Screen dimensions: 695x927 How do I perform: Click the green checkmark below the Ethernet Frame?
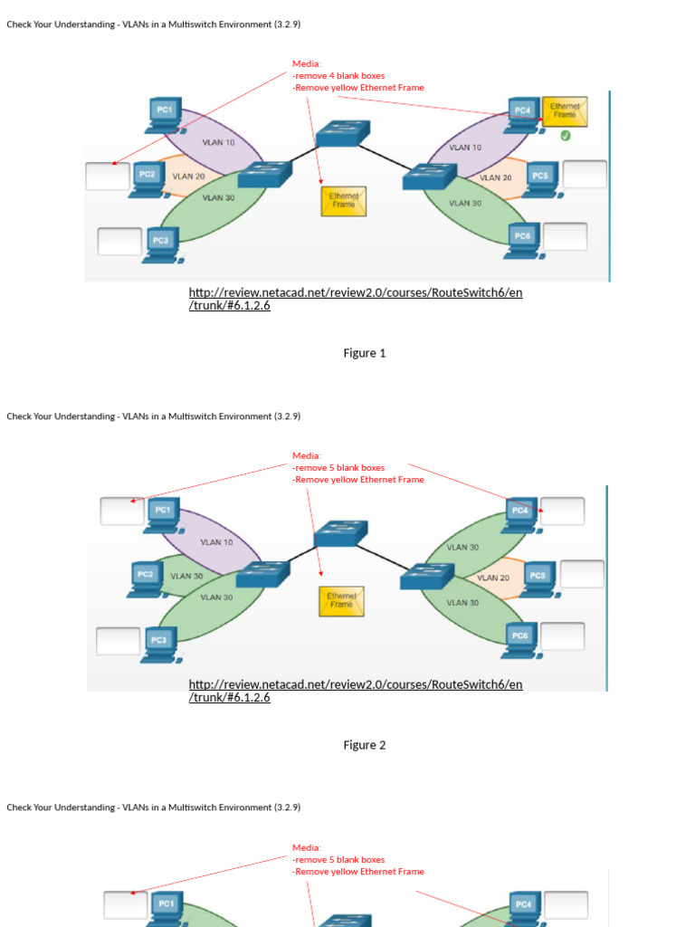point(565,136)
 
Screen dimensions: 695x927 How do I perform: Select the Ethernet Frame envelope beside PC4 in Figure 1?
point(565,111)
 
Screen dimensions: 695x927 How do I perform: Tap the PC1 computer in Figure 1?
point(165,115)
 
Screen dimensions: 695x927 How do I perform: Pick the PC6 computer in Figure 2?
point(520,641)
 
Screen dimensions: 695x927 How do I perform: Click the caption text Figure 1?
point(364,353)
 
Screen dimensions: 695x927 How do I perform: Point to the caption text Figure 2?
point(364,745)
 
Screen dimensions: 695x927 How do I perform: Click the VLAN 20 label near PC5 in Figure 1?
point(495,177)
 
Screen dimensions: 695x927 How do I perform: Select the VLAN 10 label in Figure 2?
point(216,542)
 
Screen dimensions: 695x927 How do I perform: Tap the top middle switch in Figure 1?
point(343,133)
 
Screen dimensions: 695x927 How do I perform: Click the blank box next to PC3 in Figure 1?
point(119,241)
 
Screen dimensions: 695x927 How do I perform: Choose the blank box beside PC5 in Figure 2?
point(582,573)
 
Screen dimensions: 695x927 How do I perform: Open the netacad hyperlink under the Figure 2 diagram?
point(355,691)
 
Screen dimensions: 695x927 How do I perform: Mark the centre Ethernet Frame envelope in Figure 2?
point(341,601)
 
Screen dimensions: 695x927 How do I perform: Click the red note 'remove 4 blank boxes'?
point(338,76)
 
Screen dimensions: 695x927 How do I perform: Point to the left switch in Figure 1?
point(265,175)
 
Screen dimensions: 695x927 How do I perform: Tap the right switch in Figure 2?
point(427,577)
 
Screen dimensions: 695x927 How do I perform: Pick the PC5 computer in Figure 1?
point(539,180)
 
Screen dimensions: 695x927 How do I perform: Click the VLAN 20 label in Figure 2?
point(493,578)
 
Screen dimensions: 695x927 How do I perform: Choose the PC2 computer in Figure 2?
point(146,580)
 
